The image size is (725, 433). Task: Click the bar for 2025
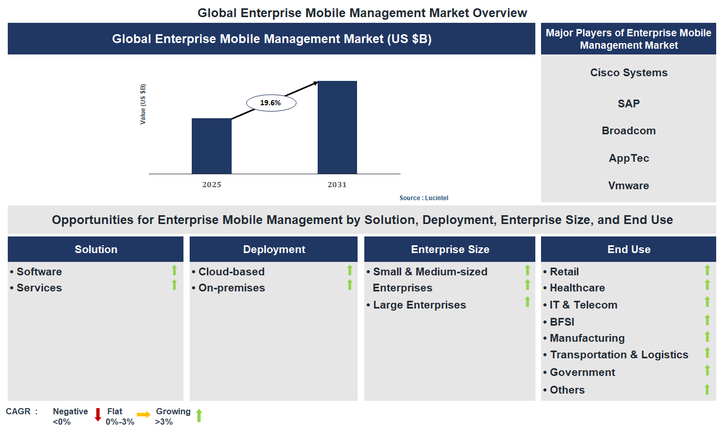211,146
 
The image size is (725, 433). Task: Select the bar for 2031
337,127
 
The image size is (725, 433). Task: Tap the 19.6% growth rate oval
271,103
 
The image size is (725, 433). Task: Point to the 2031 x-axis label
337,185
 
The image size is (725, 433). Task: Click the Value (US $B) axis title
143,104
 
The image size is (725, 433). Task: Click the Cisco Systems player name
629,73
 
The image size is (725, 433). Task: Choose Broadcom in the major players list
629,131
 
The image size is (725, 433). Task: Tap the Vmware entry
629,186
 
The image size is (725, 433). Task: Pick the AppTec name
629,158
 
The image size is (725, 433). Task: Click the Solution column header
96,249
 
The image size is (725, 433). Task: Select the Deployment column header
274,249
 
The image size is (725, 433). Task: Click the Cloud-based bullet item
231,272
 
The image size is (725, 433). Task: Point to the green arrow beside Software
174,270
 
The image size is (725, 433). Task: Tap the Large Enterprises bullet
419,305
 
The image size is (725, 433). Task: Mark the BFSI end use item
562,322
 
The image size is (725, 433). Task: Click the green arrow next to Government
707,370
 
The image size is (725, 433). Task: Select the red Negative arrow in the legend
97,415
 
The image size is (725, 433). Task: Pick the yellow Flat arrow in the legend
144,415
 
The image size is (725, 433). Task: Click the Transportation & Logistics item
619,355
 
